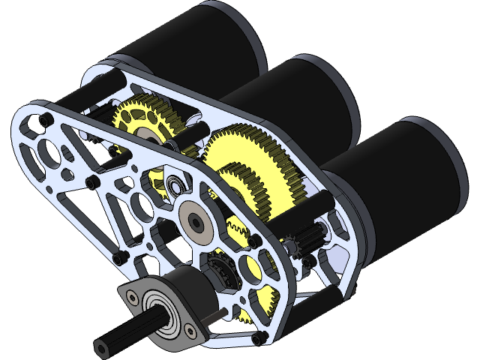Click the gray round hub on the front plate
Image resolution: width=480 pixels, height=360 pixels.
196,220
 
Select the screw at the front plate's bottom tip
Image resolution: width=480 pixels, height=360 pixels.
259,340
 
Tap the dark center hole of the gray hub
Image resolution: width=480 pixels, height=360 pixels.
196,220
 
